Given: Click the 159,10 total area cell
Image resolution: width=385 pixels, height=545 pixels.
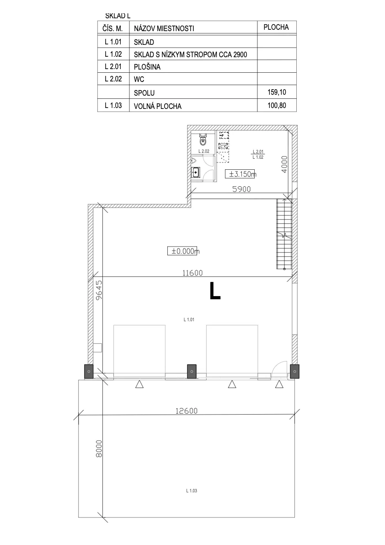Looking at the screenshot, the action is coord(277,92).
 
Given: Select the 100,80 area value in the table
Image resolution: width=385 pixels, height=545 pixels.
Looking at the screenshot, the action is coord(277,105).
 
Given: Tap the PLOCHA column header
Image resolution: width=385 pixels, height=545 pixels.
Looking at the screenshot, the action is coord(276,27).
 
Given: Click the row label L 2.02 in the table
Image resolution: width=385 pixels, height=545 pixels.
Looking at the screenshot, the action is coord(113,79).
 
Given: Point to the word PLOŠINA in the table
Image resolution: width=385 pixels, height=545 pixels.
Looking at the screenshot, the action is coord(147,67).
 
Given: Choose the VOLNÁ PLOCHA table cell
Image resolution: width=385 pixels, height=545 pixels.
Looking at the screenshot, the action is coord(158,106).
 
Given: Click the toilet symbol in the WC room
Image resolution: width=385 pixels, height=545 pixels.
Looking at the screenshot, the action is coord(203,140).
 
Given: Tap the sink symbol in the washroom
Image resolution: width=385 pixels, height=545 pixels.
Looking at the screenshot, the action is coord(195,172).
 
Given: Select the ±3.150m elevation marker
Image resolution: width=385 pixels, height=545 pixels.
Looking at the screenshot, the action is coord(241,174).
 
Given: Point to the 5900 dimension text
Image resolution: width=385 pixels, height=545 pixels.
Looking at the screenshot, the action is coord(241,189).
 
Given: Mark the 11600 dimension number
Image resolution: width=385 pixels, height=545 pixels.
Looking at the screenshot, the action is coord(192,273).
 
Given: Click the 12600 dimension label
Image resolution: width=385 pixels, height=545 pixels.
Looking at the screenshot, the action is coord(187,411).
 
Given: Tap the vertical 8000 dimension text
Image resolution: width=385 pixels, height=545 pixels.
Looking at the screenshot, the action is coord(99,449).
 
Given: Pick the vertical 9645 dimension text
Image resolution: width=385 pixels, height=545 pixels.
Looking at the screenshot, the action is coord(99,290).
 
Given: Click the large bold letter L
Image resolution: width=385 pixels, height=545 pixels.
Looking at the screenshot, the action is coord(215,291).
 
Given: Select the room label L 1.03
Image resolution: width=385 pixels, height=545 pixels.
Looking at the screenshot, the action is coord(192,491).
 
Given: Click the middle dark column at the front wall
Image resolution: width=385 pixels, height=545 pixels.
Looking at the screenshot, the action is coord(192,371).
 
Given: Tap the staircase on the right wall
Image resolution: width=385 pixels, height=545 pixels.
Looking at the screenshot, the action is coord(284,234).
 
